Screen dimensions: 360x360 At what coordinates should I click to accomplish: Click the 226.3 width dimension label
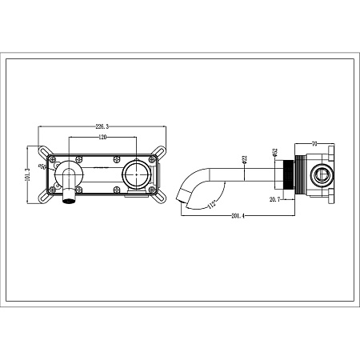coord(102,126)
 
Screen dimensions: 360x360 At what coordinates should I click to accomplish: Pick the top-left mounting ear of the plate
coord(42,149)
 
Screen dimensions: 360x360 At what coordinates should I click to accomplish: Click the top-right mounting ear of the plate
coord(164,150)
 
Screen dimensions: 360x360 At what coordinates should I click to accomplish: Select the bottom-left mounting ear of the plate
coord(42,196)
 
